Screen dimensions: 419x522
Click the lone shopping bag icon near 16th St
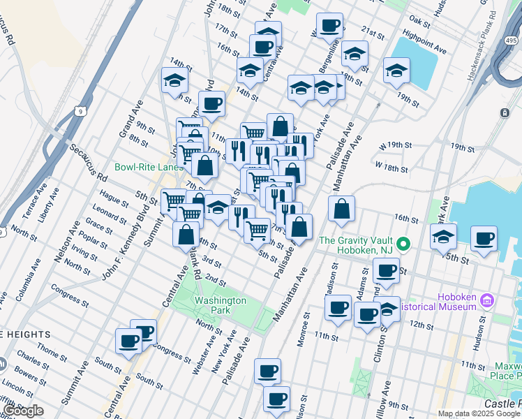tap(341, 209)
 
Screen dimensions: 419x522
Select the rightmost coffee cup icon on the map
tap(483, 239)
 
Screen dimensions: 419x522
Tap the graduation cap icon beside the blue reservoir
tap(396, 70)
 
